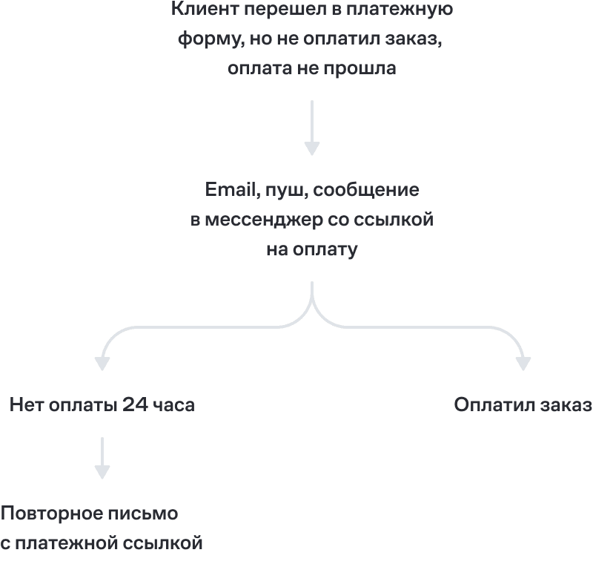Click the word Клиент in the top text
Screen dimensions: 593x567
coord(205,9)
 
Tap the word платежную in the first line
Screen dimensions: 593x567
coord(400,10)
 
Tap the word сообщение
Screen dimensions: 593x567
coord(366,191)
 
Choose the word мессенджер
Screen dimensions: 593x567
coord(264,220)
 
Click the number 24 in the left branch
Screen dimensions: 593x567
coord(135,404)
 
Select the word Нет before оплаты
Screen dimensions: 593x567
coord(27,404)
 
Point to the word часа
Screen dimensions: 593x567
coord(173,406)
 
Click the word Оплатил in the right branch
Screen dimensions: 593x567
coord(494,404)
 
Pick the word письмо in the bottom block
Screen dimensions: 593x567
coord(143,514)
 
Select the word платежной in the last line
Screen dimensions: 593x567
coord(67,544)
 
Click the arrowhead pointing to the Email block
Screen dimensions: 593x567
coord(312,148)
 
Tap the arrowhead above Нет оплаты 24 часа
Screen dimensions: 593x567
coord(102,364)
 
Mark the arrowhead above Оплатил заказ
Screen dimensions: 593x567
coord(523,364)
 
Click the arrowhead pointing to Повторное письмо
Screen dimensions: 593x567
coord(102,472)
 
